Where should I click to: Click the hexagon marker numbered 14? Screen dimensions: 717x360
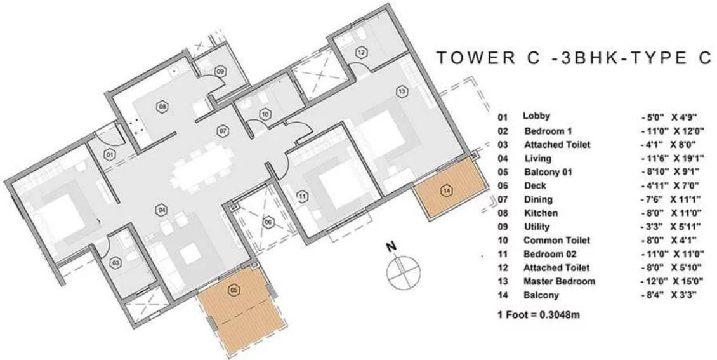coord(447,190)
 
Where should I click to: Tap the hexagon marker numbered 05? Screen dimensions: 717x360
coord(234,290)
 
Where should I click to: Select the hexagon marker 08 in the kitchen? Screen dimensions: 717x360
coord(162,107)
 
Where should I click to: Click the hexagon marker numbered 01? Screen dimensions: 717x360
coord(109,155)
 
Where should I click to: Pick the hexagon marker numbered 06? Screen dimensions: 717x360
coord(268,223)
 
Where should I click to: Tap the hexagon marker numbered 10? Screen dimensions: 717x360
coord(265,114)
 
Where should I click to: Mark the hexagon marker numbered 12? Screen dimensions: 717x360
coord(361,53)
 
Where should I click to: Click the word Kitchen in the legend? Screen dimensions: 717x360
coord(541,213)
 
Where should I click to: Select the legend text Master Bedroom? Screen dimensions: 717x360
coord(559,281)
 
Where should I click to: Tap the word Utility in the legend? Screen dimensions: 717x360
coord(537,227)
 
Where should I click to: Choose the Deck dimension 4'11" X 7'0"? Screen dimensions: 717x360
coord(670,186)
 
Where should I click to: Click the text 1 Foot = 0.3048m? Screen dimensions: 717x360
coord(539,315)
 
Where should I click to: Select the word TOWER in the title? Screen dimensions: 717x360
coord(473,58)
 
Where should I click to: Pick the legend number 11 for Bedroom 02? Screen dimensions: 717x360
coord(503,255)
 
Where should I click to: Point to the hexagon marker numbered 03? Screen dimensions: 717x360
coord(115,263)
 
